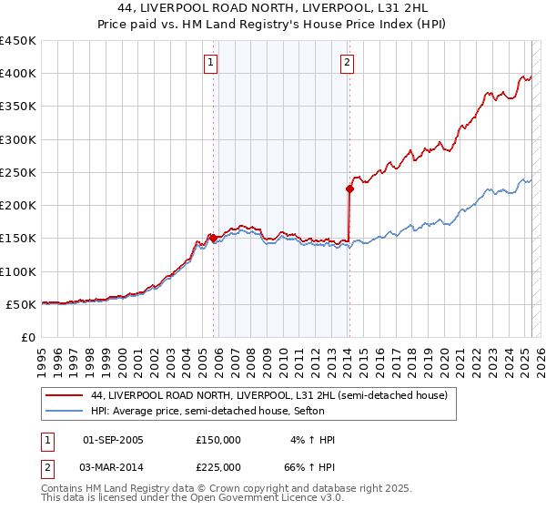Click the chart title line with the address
click(273, 10)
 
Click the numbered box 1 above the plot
click(211, 63)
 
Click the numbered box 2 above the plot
click(348, 63)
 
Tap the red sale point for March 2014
click(349, 189)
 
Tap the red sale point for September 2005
click(213, 239)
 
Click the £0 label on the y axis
click(27, 337)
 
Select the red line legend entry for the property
click(268, 396)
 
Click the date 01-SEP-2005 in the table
click(113, 440)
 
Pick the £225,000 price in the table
click(218, 466)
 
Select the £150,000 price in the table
click(218, 440)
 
